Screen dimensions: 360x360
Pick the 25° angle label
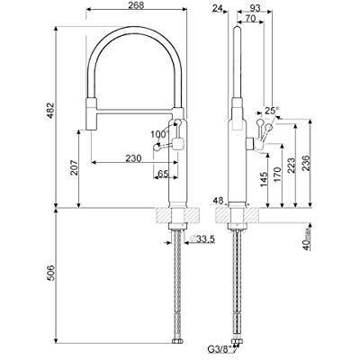click(x=272, y=112)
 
